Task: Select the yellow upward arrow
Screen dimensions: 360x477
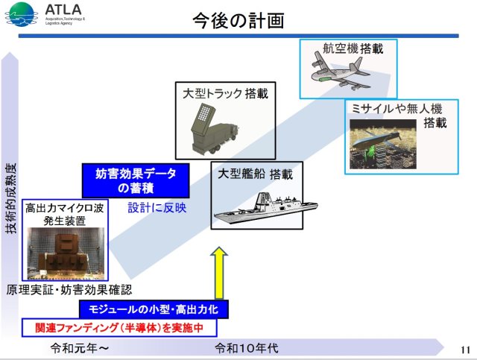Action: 219,274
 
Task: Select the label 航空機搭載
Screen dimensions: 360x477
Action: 347,48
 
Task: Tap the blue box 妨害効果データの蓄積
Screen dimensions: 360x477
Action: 136,180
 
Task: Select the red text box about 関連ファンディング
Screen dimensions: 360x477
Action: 119,327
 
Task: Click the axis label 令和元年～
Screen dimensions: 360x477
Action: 80,347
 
